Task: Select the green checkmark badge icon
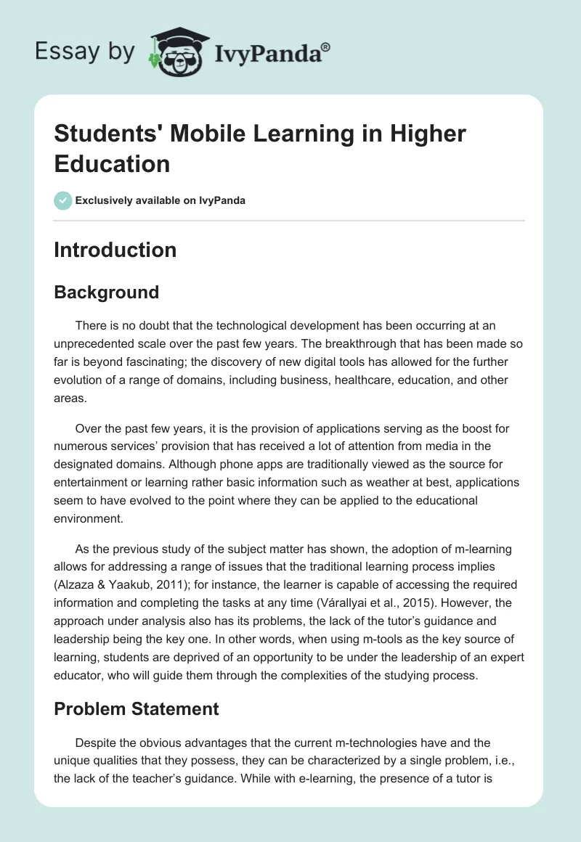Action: click(62, 200)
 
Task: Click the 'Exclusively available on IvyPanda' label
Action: click(160, 200)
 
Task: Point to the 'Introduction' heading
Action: click(115, 250)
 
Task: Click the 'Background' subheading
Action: click(106, 292)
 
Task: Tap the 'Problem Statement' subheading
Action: click(137, 708)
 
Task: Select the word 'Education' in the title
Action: click(112, 163)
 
